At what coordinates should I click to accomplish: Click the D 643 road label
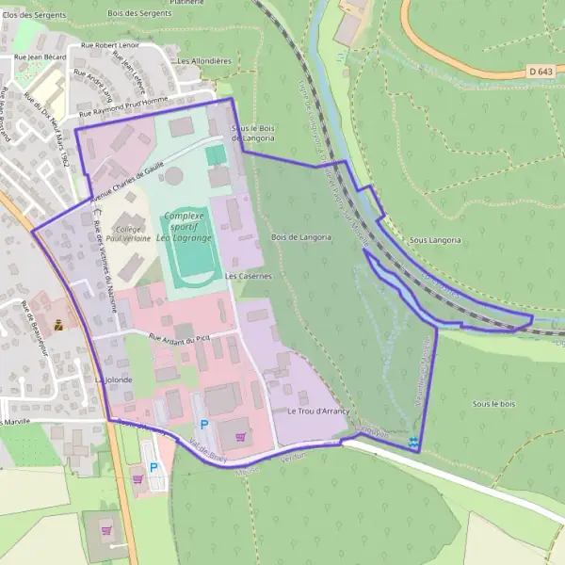point(539,72)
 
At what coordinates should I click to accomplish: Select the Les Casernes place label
point(249,277)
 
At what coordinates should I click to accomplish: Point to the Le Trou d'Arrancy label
point(318,412)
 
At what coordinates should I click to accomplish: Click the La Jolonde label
point(114,379)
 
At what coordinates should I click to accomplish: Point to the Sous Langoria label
point(435,240)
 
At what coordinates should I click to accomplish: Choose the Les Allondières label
point(204,61)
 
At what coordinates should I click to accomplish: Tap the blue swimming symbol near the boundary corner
point(414,442)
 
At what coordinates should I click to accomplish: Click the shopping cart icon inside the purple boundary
point(242,436)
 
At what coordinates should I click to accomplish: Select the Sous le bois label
point(494,403)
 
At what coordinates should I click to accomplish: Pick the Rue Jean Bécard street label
point(39,57)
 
